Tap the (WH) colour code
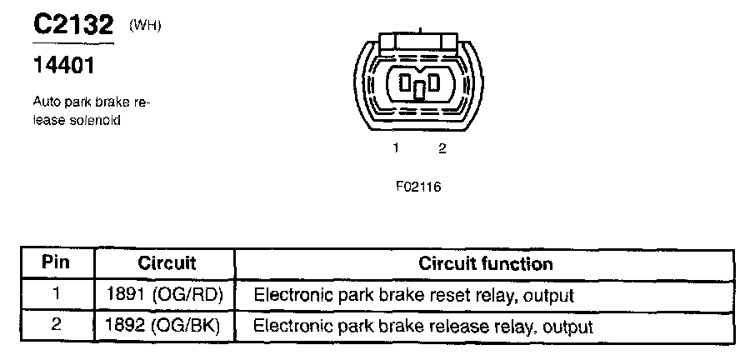click(x=144, y=27)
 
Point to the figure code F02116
click(x=418, y=187)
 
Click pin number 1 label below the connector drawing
click(x=397, y=148)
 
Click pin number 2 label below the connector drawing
click(x=442, y=148)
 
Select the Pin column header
click(x=57, y=263)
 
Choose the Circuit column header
click(x=166, y=263)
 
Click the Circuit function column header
click(x=485, y=264)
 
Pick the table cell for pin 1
click(x=57, y=294)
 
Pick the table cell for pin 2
click(x=57, y=325)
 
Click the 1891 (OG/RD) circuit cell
click(x=166, y=295)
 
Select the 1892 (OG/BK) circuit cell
click(x=166, y=326)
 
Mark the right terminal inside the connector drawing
click(x=434, y=83)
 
